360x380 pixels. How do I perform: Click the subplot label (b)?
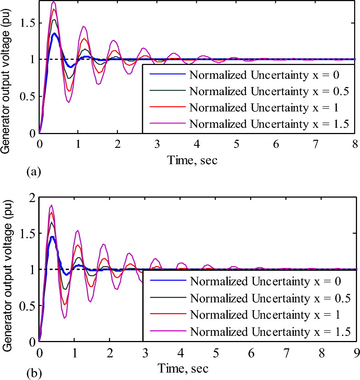32,371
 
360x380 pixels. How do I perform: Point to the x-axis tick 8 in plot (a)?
354,144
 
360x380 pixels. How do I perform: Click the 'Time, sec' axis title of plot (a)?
192,160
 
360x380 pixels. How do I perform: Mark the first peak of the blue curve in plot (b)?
52,237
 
